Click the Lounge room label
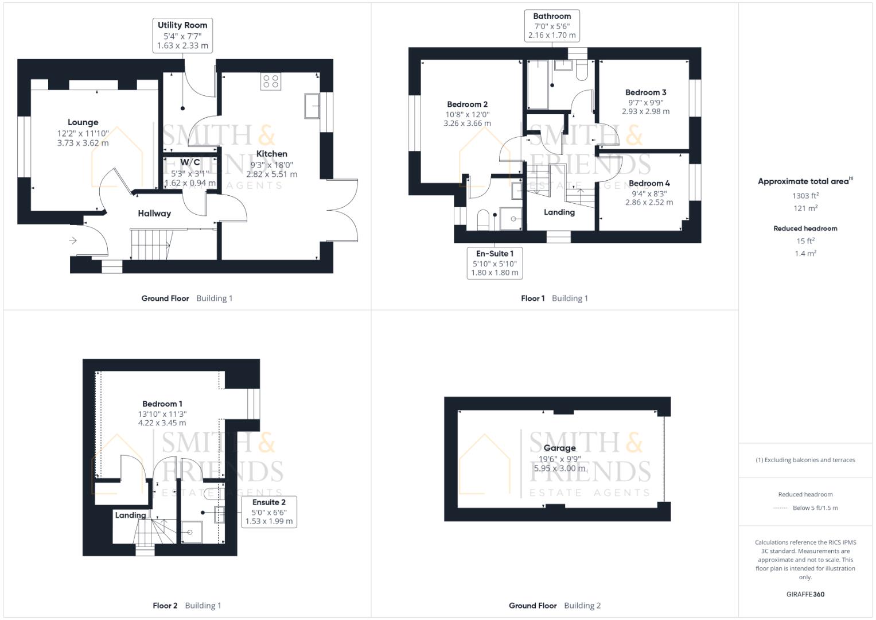tap(83, 122)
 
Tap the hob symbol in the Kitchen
tap(270, 82)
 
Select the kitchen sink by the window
tap(312, 106)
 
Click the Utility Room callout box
tap(182, 36)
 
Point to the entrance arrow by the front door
tap(73, 241)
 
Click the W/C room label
tap(190, 162)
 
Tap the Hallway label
tap(154, 214)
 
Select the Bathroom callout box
tap(552, 26)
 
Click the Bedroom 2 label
tap(467, 104)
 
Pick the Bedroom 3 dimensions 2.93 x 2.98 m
tap(645, 111)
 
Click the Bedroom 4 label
tap(649, 184)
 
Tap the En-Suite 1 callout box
tap(495, 263)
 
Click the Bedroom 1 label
tap(162, 404)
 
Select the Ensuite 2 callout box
tap(268, 511)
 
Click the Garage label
tap(559, 448)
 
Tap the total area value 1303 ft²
tap(805, 196)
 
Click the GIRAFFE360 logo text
tap(805, 594)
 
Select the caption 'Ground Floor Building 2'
tap(554, 606)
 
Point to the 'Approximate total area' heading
tap(804, 181)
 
